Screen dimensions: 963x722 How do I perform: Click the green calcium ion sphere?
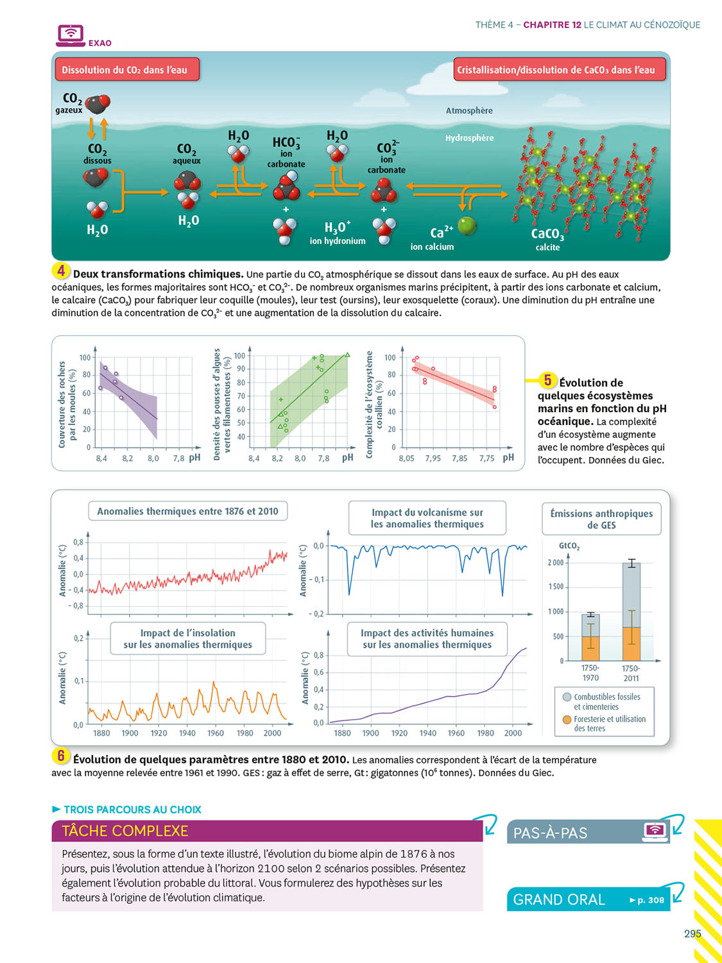pos(467,225)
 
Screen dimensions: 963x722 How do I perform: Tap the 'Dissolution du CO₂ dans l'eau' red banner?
pos(126,70)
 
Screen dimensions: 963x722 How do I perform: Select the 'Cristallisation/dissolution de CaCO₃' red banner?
pos(559,70)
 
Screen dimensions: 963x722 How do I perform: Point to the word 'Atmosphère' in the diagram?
pos(469,110)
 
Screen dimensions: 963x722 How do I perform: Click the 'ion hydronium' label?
pos(337,241)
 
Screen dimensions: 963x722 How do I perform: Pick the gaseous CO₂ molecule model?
pos(98,103)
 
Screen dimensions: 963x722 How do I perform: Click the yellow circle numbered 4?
pos(60,271)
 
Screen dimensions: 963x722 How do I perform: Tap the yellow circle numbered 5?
pos(547,380)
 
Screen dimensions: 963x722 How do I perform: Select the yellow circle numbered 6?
pos(60,756)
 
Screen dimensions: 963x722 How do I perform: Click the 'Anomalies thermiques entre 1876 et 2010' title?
pos(187,511)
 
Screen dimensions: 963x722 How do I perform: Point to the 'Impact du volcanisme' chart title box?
pos(427,518)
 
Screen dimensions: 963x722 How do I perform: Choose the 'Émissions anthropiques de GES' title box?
pos(601,519)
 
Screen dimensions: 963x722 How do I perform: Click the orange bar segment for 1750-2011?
pos(632,644)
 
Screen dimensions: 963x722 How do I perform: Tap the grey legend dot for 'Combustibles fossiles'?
pos(567,697)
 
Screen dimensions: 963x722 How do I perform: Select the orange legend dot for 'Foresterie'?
pos(567,720)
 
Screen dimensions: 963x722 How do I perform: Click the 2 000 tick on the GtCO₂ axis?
pos(556,563)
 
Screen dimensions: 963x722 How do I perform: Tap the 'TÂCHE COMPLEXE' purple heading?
pos(125,831)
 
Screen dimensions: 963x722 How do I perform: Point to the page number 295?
pos(692,933)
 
